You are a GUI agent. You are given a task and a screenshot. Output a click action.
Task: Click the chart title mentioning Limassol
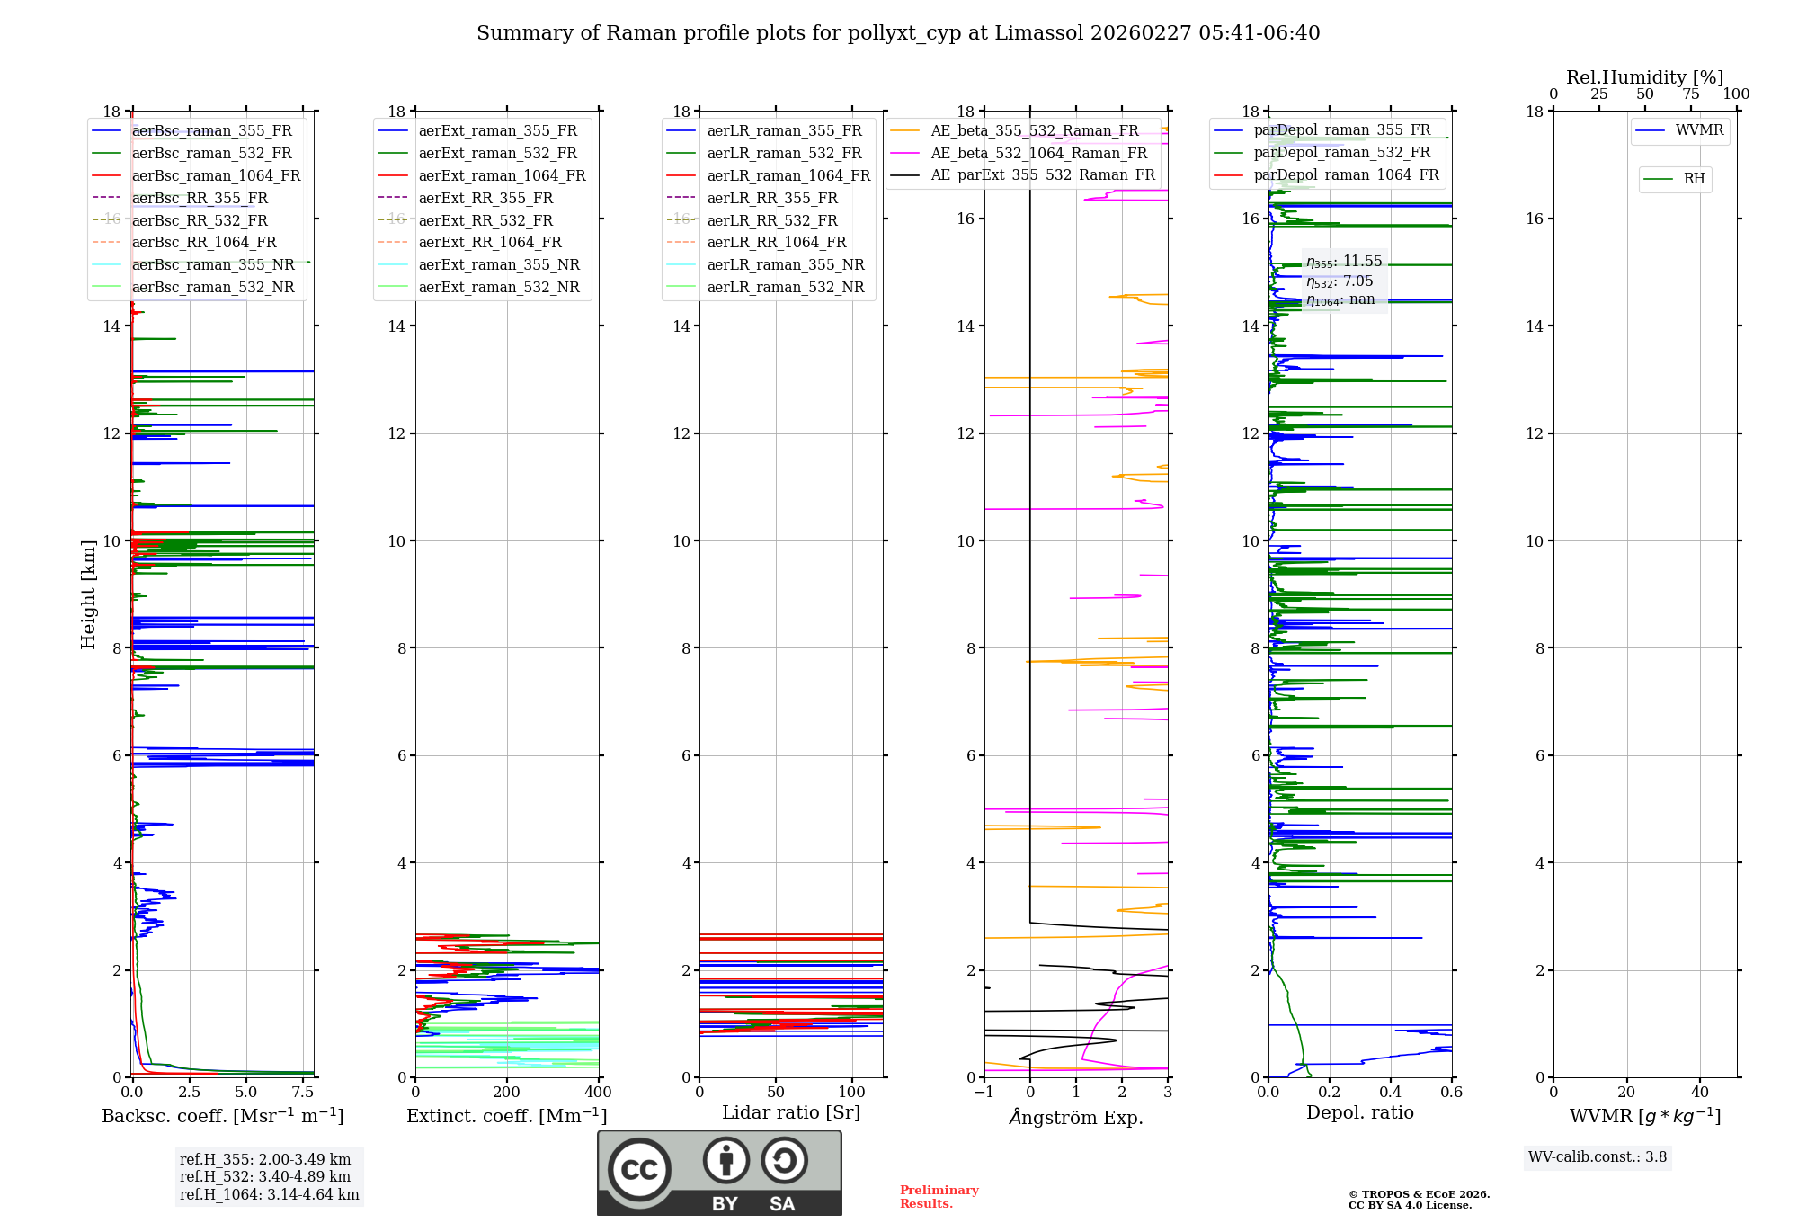pyautogui.click(x=898, y=33)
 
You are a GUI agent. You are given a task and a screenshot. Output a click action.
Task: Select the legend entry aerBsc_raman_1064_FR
pyautogui.click(x=216, y=175)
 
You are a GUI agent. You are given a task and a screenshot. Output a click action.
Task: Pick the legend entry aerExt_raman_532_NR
pyautogui.click(x=499, y=287)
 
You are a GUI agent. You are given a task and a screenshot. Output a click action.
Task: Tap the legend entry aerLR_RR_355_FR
pyautogui.click(x=771, y=198)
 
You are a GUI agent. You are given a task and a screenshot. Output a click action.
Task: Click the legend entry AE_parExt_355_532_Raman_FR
pyautogui.click(x=1042, y=174)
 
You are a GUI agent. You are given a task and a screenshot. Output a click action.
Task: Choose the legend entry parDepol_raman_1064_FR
pyautogui.click(x=1346, y=174)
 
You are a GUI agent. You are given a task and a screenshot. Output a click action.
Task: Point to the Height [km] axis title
pyautogui.click(x=88, y=594)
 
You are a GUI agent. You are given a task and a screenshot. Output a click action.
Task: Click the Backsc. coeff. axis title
pyautogui.click(x=222, y=1116)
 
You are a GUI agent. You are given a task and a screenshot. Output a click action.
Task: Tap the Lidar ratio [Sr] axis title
pyautogui.click(x=790, y=1112)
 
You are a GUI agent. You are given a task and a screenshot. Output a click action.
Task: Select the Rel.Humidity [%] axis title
pyautogui.click(x=1644, y=77)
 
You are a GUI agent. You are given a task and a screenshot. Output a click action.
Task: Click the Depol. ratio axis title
pyautogui.click(x=1359, y=1112)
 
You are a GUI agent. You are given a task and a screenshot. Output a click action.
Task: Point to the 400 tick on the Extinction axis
pyautogui.click(x=598, y=1093)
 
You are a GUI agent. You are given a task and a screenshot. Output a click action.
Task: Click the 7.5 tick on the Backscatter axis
pyautogui.click(x=303, y=1093)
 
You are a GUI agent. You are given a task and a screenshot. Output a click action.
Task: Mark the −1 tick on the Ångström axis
pyautogui.click(x=984, y=1093)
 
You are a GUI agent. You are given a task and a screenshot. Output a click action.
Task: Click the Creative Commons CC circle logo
pyautogui.click(x=639, y=1170)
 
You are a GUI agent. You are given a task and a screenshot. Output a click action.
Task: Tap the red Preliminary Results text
pyautogui.click(x=939, y=1197)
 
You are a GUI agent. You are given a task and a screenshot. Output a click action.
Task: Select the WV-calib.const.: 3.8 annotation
pyautogui.click(x=1597, y=1157)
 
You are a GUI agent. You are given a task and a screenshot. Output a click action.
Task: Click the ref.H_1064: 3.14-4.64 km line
pyautogui.click(x=269, y=1195)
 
